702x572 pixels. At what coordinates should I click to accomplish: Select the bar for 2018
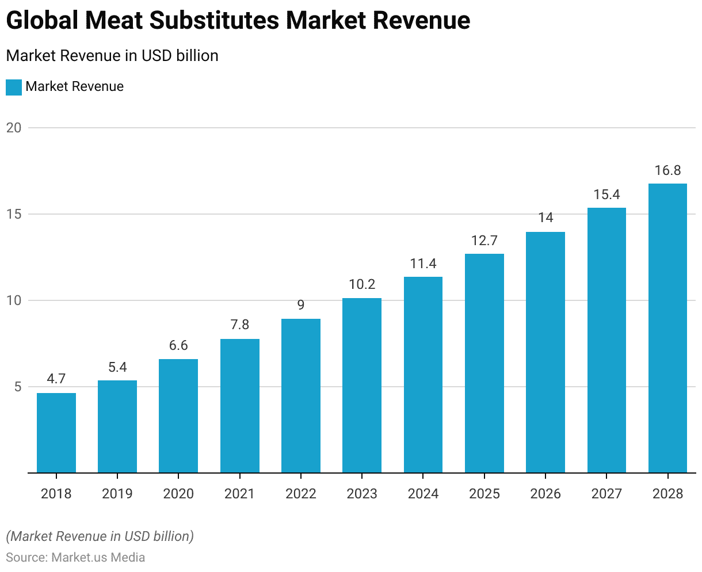tap(56, 433)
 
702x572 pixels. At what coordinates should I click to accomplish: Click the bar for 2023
tap(362, 386)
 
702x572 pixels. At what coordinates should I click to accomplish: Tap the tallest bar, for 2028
tap(667, 328)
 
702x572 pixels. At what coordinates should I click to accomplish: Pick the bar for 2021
tap(239, 406)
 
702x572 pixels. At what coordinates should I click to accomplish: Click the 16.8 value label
tap(667, 170)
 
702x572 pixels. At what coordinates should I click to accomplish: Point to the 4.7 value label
tap(56, 379)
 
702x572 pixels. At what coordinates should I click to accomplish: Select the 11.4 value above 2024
tap(423, 264)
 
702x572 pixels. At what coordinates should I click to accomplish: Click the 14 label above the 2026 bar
tap(545, 218)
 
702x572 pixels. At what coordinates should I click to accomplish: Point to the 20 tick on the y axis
tap(14, 128)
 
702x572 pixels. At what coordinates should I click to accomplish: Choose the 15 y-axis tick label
tap(14, 214)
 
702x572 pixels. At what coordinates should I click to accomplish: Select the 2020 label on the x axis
tap(178, 494)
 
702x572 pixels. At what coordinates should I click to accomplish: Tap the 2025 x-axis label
tap(484, 494)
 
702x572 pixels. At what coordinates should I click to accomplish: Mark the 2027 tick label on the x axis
tap(606, 494)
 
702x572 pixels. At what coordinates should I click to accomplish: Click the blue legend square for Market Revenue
tap(14, 87)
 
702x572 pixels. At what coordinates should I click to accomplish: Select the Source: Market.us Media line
tap(75, 557)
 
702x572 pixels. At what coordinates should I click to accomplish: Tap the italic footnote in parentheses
tap(100, 536)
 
